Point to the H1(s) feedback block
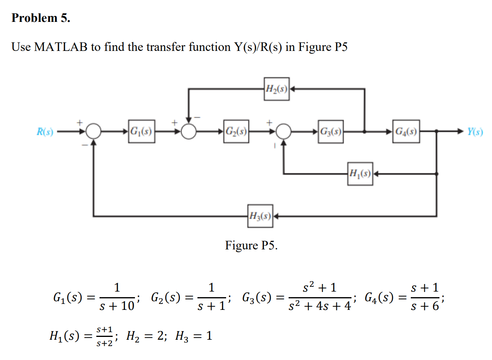(360, 173)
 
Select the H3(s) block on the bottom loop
(260, 216)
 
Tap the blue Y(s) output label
(475, 132)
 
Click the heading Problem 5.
(41, 18)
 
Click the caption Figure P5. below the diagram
(251, 245)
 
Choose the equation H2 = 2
(144, 337)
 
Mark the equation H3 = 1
(192, 337)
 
